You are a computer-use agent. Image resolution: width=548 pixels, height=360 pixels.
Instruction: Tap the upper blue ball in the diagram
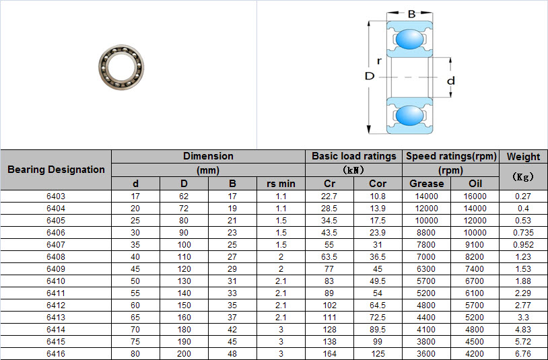coord(409,39)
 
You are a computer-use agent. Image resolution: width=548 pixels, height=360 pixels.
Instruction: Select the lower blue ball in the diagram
coord(409,116)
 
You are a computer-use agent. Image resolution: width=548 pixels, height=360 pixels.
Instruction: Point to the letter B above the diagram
coord(411,14)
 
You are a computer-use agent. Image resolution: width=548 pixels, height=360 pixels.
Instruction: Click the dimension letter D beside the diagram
coord(370,76)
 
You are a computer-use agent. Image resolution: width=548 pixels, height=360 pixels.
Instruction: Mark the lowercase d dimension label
coord(451,81)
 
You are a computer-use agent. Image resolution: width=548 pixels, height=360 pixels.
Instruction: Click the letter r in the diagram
coord(379,61)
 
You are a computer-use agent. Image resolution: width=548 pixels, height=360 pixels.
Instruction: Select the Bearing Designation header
coord(56,170)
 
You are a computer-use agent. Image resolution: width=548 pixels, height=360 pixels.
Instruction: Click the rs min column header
coord(281,184)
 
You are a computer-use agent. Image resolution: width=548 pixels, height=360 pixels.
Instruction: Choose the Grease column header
coord(426,184)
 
